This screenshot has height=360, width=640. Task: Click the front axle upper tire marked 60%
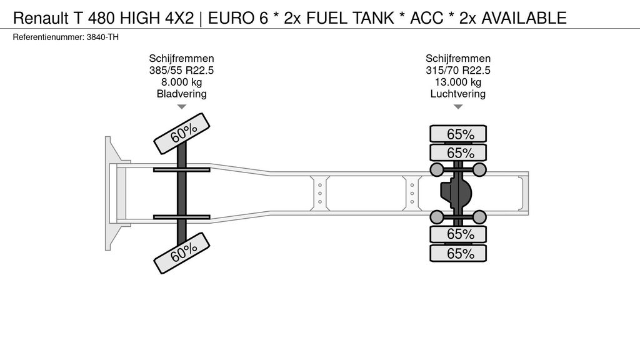pos(181,133)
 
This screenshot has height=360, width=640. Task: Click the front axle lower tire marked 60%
pos(181,252)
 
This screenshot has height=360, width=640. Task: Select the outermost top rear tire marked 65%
pos(457,134)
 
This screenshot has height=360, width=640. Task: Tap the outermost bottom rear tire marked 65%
pos(457,253)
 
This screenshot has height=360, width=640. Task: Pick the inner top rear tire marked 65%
pos(457,152)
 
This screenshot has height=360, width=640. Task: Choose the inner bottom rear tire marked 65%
pos(457,234)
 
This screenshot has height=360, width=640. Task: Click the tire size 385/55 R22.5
pos(181,70)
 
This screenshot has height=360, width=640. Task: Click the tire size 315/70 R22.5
pos(457,70)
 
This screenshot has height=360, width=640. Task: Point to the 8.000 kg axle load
pos(181,82)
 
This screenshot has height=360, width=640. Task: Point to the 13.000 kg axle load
pos(457,82)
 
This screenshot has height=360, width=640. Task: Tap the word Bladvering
pos(181,94)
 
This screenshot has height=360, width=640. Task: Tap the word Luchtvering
pos(457,94)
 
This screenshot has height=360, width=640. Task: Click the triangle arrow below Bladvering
pos(181,107)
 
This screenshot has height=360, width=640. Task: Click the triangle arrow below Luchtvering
pos(457,107)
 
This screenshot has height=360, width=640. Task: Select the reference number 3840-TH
pos(104,37)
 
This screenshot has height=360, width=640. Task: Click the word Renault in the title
pos(39,17)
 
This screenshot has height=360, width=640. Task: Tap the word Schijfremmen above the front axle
pos(181,58)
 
